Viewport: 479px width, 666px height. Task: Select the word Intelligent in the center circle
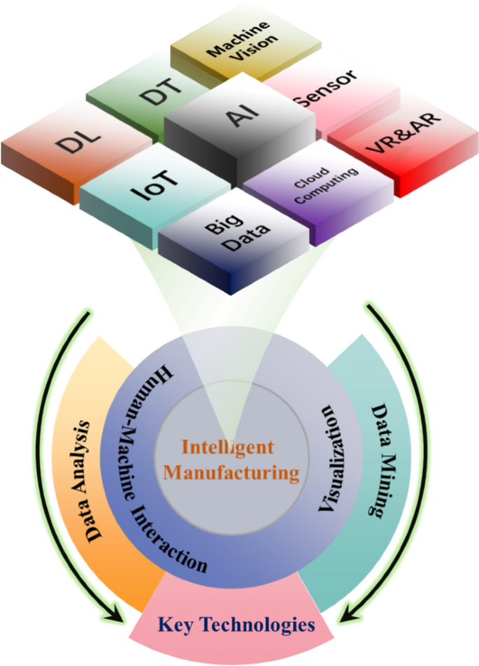coord(227,445)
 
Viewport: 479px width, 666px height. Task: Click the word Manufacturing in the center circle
coord(231,472)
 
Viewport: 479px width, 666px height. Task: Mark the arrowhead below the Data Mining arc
coord(348,616)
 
